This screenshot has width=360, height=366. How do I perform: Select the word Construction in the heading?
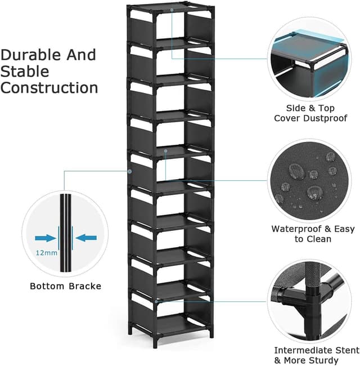click(x=49, y=88)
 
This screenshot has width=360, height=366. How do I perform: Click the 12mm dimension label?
click(x=47, y=253)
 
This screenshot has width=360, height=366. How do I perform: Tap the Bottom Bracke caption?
click(x=66, y=286)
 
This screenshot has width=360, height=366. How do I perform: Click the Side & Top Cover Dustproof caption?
click(x=310, y=113)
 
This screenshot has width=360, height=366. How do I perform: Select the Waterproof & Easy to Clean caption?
click(x=313, y=234)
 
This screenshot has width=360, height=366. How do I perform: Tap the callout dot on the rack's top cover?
click(x=172, y=10)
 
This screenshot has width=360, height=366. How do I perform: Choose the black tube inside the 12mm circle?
click(x=66, y=236)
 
